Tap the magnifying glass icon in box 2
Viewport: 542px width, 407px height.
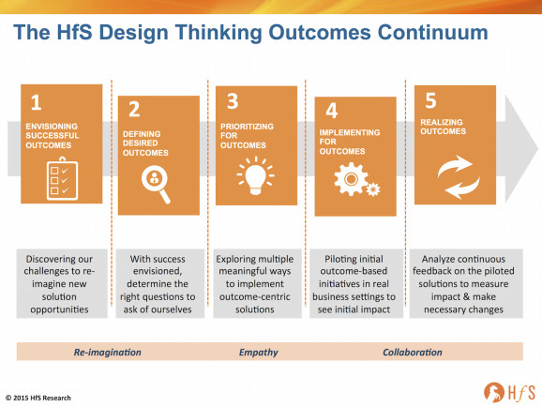pyautogui.click(x=156, y=184)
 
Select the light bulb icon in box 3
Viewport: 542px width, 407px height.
pyautogui.click(x=255, y=176)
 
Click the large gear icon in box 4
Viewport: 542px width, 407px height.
pyautogui.click(x=351, y=179)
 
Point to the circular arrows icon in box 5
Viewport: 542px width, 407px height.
pyautogui.click(x=459, y=177)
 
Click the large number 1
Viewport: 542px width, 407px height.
pyautogui.click(x=36, y=103)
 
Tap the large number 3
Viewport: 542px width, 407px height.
pyautogui.click(x=233, y=101)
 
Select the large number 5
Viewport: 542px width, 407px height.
pyautogui.click(x=430, y=100)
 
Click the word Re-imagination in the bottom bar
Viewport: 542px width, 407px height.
pyautogui.click(x=108, y=352)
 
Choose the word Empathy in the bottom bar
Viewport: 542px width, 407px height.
pyautogui.click(x=258, y=353)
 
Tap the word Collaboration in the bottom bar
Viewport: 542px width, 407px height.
pyautogui.click(x=413, y=352)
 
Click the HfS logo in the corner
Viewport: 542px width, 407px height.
pyautogui.click(x=509, y=393)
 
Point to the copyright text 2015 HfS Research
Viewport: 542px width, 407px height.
pyautogui.click(x=38, y=398)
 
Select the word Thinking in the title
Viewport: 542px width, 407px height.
pyautogui.click(x=218, y=33)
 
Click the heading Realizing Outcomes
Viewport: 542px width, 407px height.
pyautogui.click(x=443, y=127)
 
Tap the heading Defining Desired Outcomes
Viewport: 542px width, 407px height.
pyautogui.click(x=145, y=143)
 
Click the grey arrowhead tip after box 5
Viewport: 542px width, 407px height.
pyautogui.click(x=537, y=149)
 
